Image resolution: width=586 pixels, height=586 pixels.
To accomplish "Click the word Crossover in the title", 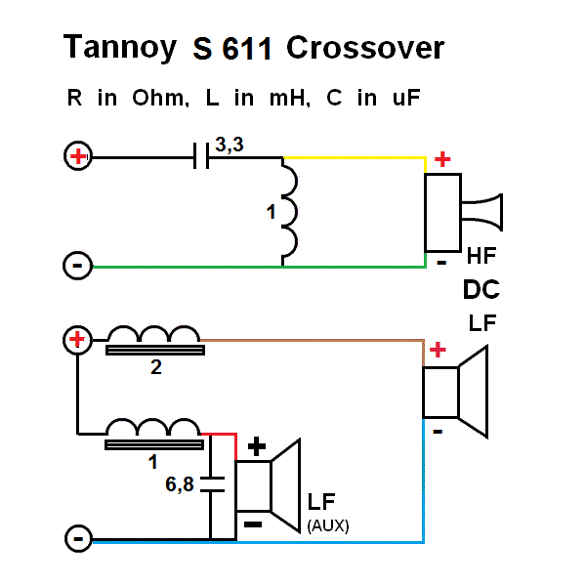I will pyautogui.click(x=366, y=48).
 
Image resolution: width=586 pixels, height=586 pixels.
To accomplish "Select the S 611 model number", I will pyautogui.click(x=231, y=50).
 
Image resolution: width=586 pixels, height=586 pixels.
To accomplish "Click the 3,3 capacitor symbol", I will pyautogui.click(x=202, y=156).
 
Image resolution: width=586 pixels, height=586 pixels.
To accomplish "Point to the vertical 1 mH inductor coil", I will pyautogui.click(x=289, y=211).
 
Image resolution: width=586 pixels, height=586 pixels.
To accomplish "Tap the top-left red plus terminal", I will pyautogui.click(x=77, y=156).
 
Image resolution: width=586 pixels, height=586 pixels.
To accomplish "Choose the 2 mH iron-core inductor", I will pyautogui.click(x=153, y=340).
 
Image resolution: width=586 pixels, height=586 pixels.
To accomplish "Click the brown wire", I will pyautogui.click(x=313, y=341).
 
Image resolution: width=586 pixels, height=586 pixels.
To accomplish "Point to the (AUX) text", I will pyautogui.click(x=328, y=524).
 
